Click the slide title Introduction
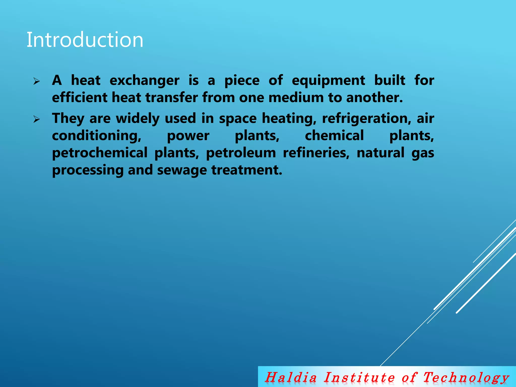click(x=85, y=40)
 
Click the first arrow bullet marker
click(x=37, y=81)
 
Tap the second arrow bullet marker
click(x=37, y=119)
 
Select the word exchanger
click(x=145, y=81)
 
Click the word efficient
click(x=80, y=98)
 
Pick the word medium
click(x=296, y=98)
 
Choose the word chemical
click(x=334, y=136)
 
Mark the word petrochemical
click(x=100, y=153)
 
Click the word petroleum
click(x=241, y=153)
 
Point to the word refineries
click(x=316, y=153)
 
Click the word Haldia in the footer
click(x=291, y=378)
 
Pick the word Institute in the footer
click(x=359, y=378)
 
